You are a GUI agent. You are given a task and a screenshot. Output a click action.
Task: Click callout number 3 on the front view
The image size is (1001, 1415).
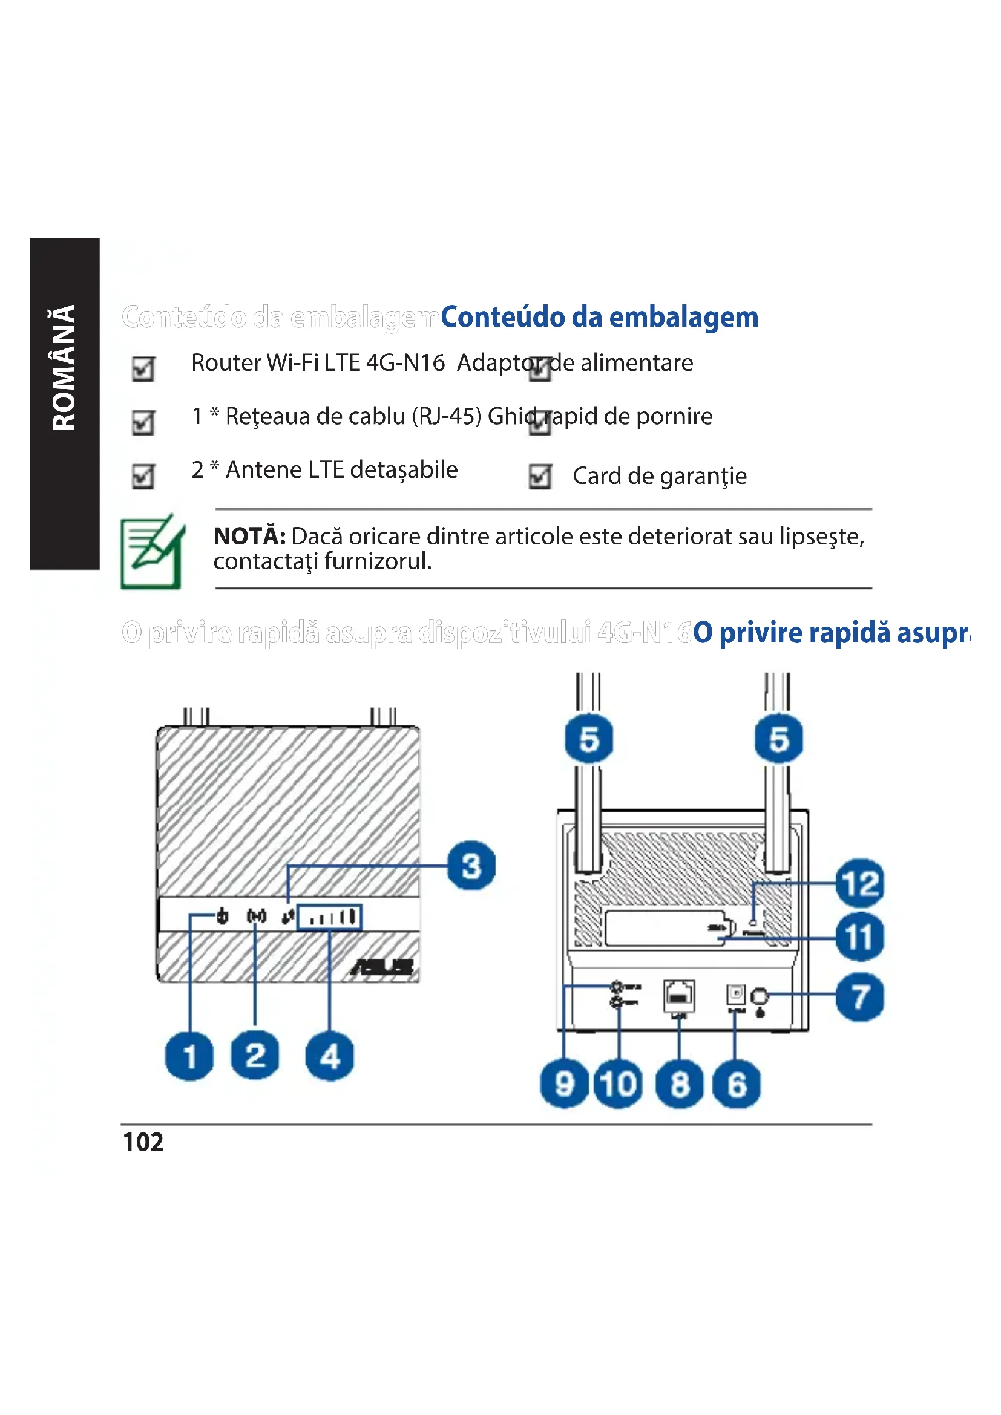click(x=471, y=866)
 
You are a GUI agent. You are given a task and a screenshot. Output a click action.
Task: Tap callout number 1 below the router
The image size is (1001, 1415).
click(x=189, y=1056)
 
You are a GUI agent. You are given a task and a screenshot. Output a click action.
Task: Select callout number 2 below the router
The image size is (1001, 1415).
click(x=255, y=1055)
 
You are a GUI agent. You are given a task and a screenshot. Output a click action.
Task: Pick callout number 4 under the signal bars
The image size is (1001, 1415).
click(x=330, y=1056)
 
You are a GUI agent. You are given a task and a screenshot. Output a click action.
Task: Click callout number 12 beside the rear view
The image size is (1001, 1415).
click(x=860, y=883)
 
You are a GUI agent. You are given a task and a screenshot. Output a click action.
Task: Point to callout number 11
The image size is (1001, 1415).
click(x=860, y=937)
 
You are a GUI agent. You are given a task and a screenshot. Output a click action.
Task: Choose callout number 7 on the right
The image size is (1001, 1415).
click(x=860, y=996)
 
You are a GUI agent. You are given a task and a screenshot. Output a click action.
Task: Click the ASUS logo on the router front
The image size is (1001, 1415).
click(x=382, y=966)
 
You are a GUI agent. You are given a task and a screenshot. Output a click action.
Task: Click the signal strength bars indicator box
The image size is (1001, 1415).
click(x=330, y=918)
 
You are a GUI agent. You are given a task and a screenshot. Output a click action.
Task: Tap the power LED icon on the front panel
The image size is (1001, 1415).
click(x=223, y=917)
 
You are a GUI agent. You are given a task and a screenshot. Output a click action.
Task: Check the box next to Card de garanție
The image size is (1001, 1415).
click(x=540, y=476)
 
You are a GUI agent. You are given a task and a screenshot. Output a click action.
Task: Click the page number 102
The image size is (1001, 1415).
click(x=143, y=1142)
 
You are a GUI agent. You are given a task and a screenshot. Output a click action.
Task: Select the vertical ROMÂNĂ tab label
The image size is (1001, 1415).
click(x=64, y=367)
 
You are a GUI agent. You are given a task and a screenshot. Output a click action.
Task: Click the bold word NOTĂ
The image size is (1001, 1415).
click(x=249, y=536)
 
